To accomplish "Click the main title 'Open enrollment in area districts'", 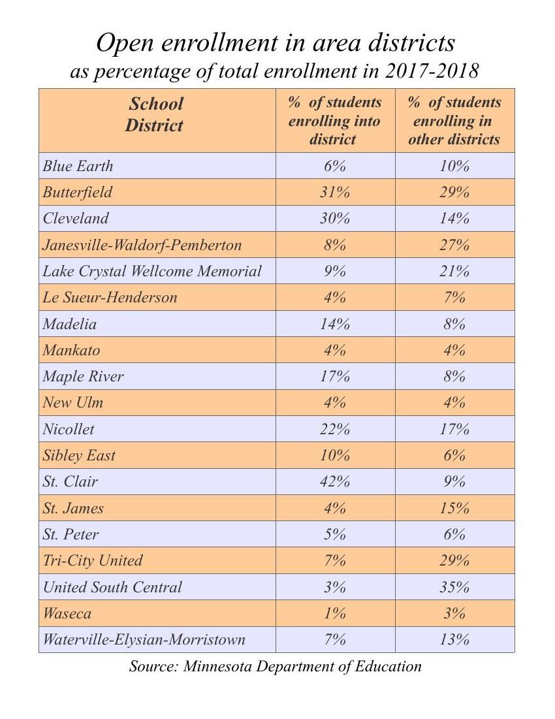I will coord(275,43).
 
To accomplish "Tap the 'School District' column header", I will coord(155,114).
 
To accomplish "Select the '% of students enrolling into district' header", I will coord(334,121).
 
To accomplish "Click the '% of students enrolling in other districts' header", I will coord(454,121).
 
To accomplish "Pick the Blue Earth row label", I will coord(78,166).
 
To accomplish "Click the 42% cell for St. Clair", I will coord(334,482).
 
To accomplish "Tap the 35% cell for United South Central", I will coord(454,587).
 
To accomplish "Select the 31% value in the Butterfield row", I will coord(334,193).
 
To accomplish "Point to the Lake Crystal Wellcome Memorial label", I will coord(152,271).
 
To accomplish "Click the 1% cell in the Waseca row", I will coord(334,613).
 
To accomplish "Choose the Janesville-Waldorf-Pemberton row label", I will coord(142,245).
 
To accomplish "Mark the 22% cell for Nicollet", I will coord(334,429).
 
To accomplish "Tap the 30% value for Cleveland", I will coord(334,219).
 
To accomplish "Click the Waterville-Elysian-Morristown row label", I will coord(144,639).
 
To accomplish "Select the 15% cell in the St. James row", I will coord(454,508).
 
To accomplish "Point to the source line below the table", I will coord(275,667).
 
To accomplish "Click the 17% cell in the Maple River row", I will coord(334,377).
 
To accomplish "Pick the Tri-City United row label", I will coord(93,560).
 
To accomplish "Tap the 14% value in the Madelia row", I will coord(334,324).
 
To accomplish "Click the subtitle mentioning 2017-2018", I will coord(275,71).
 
